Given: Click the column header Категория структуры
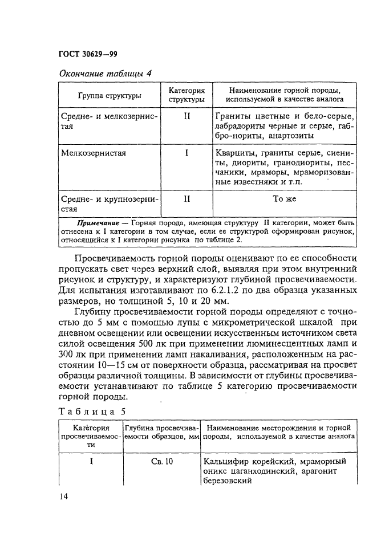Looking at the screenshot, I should (x=187, y=95).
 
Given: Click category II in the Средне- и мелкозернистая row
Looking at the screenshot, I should (x=187, y=116).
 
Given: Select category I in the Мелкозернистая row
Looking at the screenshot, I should (x=187, y=153).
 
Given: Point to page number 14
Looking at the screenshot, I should (x=64, y=498).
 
